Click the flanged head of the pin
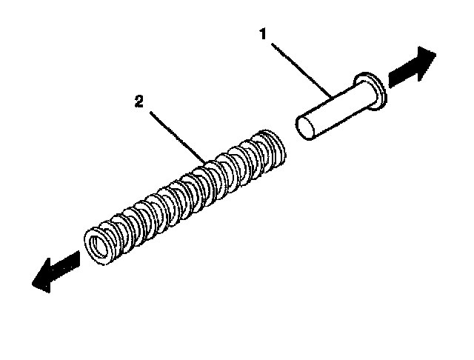pyautogui.click(x=372, y=90)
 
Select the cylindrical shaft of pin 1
pyautogui.click(x=333, y=110)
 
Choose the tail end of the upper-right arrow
pyautogui.click(x=390, y=79)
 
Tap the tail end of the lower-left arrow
pyautogui.click(x=79, y=256)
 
